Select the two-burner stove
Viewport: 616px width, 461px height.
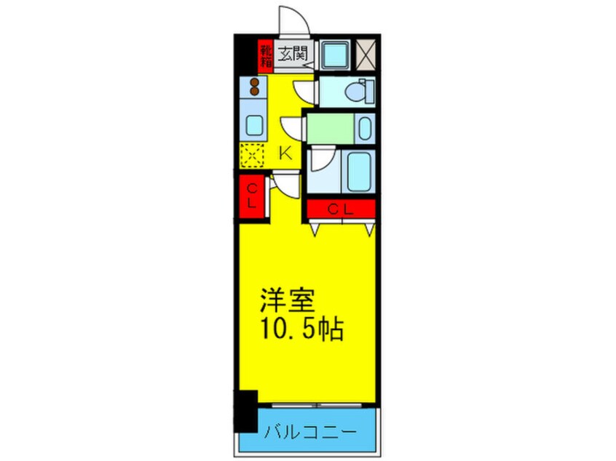(255, 88)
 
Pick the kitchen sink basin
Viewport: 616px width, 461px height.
(254, 126)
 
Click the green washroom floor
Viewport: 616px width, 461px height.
(331, 129)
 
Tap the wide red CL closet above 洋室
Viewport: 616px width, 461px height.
(341, 209)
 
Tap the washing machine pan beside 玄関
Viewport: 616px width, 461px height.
(335, 54)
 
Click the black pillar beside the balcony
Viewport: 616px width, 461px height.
(245, 412)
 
